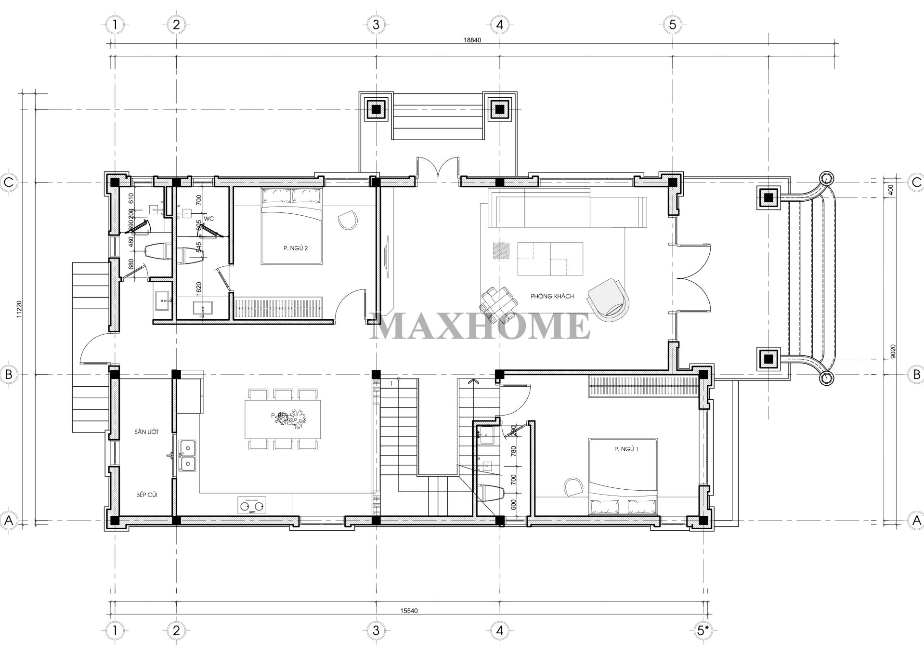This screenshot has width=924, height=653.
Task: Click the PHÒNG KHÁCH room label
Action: tap(552, 296)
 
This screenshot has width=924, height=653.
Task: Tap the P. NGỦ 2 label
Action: tap(295, 248)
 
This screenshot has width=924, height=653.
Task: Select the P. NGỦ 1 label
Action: tap(626, 449)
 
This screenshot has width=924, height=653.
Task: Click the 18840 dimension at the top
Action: tap(472, 40)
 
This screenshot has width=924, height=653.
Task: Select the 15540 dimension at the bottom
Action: tap(408, 611)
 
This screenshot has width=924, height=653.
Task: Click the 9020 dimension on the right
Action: tap(894, 352)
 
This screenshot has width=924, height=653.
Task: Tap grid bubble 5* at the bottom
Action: tap(703, 630)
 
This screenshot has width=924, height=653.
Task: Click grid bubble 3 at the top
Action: tap(376, 24)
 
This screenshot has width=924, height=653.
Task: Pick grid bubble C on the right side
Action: tap(916, 182)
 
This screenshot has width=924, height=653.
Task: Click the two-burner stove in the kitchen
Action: tap(252, 505)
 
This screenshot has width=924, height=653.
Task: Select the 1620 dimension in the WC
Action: tap(199, 288)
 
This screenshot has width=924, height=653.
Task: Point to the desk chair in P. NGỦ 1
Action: tap(573, 487)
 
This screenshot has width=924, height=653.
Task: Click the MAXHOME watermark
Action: tap(480, 326)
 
